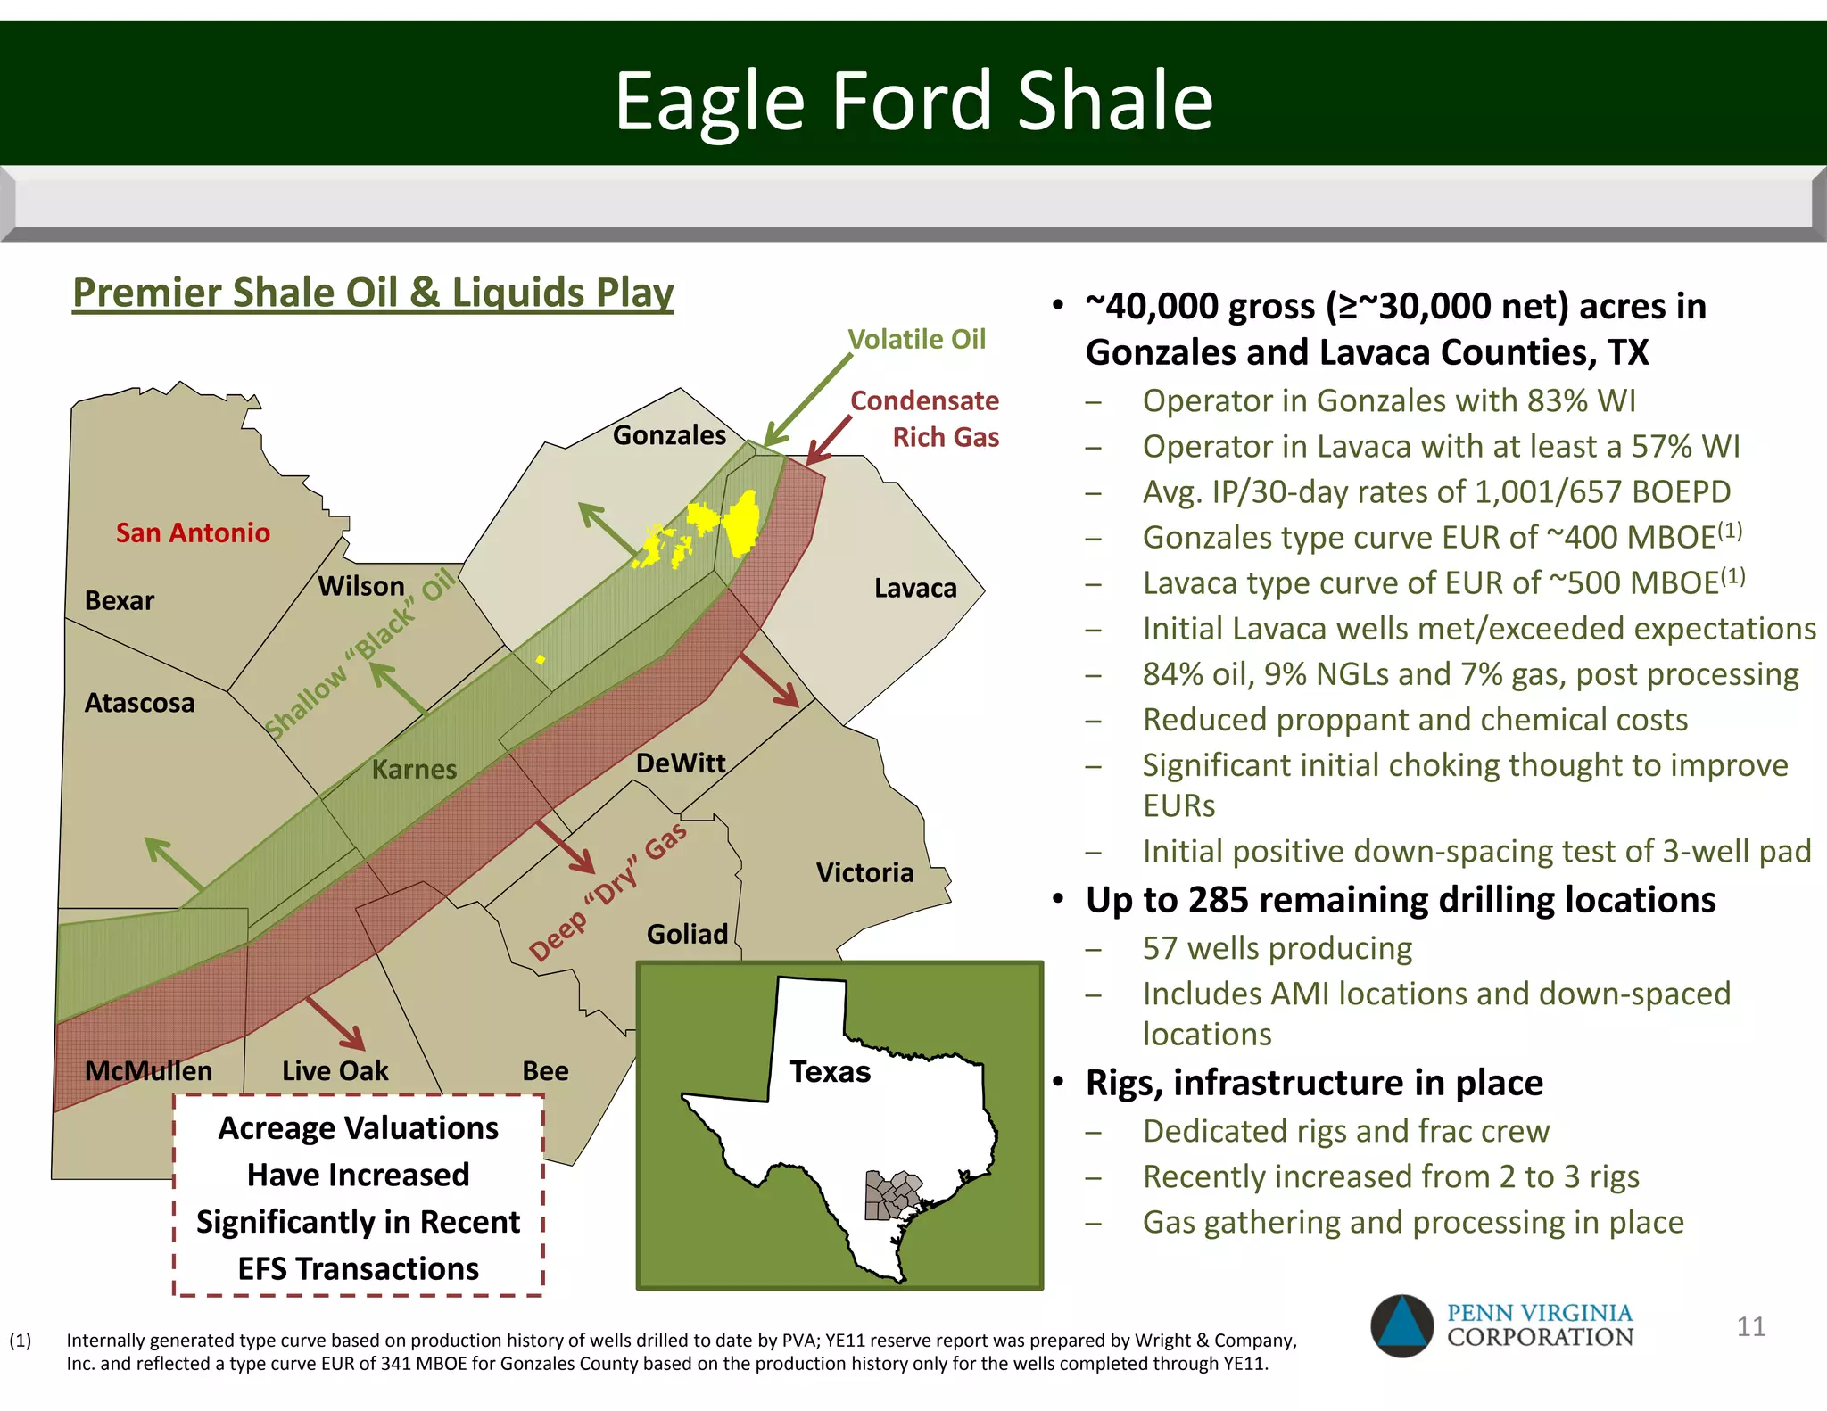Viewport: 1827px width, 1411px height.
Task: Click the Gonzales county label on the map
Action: pyautogui.click(x=669, y=435)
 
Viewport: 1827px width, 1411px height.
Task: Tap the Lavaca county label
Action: pyautogui.click(x=915, y=589)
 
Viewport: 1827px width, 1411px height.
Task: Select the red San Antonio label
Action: pyautogui.click(x=193, y=533)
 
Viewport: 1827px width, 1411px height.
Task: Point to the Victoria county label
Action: pyautogui.click(x=864, y=872)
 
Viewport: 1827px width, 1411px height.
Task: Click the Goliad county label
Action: pyautogui.click(x=687, y=934)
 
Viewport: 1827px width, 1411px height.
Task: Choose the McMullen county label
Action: pyautogui.click(x=148, y=1070)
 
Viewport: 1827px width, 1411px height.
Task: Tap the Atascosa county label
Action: pyautogui.click(x=139, y=703)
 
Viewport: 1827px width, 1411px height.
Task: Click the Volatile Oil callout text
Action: pyautogui.click(x=916, y=340)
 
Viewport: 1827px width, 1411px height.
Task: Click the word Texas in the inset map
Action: pyautogui.click(x=830, y=1071)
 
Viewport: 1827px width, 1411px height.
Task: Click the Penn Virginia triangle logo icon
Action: pyautogui.click(x=1401, y=1325)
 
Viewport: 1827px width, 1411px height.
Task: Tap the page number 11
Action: pyautogui.click(x=1750, y=1326)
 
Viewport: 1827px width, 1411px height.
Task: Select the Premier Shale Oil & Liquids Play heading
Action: pyautogui.click(x=373, y=293)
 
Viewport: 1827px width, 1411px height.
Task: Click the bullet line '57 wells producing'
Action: pyautogui.click(x=1277, y=948)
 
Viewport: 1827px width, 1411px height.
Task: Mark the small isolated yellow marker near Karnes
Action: pyautogui.click(x=541, y=660)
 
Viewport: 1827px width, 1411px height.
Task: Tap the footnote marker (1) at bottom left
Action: pyautogui.click(x=20, y=1341)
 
